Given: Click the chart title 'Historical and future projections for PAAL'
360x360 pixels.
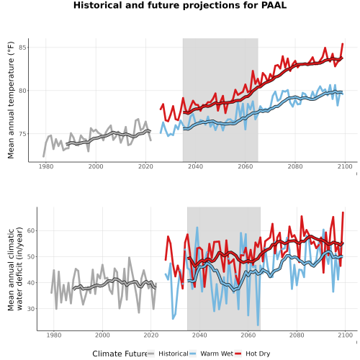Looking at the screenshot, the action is [x=180, y=5].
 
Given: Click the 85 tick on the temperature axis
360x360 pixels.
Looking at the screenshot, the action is [x=22, y=48].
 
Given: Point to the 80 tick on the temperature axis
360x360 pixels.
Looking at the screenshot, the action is [x=22, y=91].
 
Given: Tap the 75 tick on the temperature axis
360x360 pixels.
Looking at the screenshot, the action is [x=22, y=134].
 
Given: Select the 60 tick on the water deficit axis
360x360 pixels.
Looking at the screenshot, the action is [x=31, y=230].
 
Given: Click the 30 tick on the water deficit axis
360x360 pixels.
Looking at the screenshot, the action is [x=31, y=309].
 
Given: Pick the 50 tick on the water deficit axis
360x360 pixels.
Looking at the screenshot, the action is [x=31, y=256].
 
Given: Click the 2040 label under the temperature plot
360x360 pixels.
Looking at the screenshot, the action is [x=195, y=166].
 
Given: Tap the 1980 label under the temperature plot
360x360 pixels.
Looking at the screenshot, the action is [x=46, y=166].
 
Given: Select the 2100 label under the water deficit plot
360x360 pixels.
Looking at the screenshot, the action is [x=345, y=335].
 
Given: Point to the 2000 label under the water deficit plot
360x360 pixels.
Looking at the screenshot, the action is [x=102, y=335].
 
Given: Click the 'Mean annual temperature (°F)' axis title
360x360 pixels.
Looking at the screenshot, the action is [x=11, y=100].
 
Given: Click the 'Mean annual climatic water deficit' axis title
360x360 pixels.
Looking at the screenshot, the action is [x=15, y=269].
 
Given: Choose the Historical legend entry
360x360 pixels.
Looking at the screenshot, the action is [x=168, y=354].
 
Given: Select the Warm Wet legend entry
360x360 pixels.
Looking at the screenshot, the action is [x=211, y=354].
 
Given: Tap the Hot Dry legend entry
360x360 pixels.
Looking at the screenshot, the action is [x=253, y=354].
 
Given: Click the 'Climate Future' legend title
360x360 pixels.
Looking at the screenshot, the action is [x=120, y=354].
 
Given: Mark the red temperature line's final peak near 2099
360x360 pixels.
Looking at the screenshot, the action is [x=343, y=44].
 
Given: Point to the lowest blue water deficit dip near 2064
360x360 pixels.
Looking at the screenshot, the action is [x=258, y=325].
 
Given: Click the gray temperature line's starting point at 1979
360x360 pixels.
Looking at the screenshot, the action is [x=43, y=156].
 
